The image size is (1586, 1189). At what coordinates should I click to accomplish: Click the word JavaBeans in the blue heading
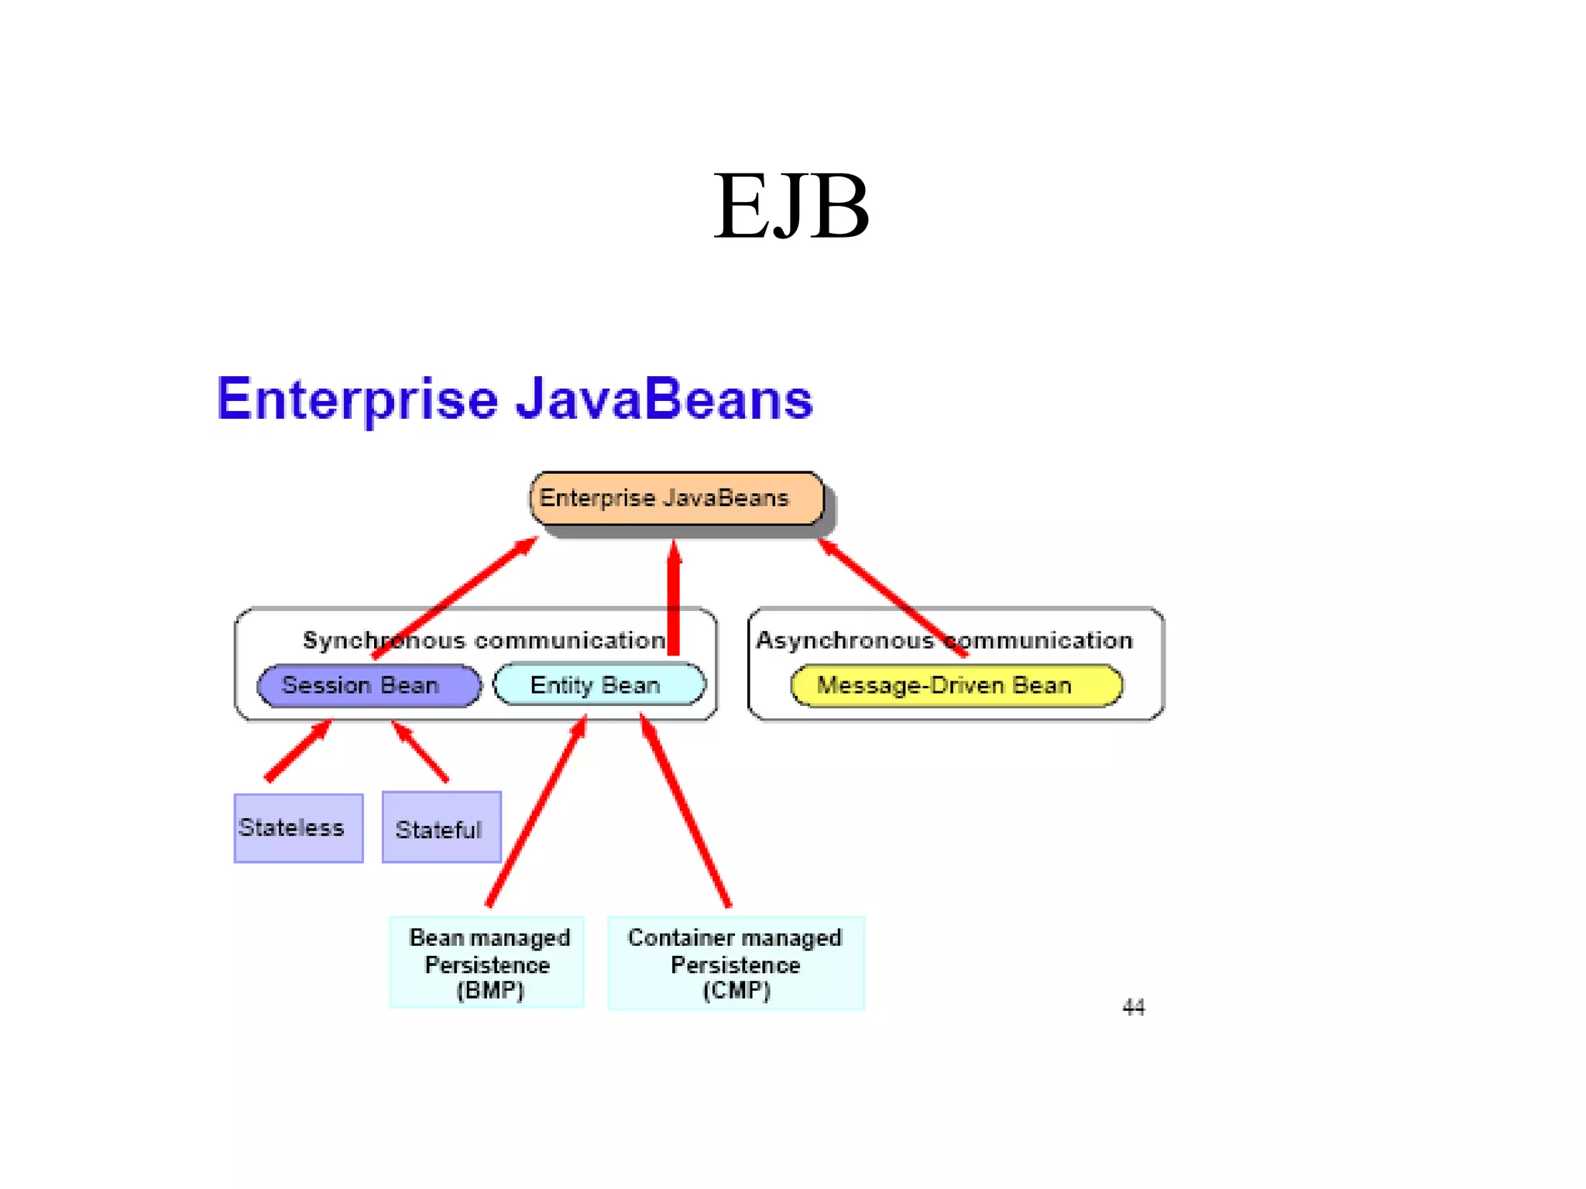coord(664,399)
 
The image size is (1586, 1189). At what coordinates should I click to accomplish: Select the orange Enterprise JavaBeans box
coord(675,499)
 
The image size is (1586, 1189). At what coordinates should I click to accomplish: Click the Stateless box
coord(298,828)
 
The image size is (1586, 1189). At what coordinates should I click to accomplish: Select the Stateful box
coord(441,828)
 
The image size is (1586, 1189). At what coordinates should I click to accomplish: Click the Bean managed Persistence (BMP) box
coord(487,963)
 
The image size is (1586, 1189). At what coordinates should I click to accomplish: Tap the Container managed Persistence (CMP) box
coord(735,963)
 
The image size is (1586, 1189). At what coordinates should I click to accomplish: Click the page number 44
coord(1133,1007)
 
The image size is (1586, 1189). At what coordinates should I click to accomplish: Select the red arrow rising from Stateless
coord(298,751)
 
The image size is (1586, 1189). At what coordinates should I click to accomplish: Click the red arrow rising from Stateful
coord(421,752)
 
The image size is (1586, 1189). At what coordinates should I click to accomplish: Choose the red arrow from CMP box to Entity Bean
coord(685,811)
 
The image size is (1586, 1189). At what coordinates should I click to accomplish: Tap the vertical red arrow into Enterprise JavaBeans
coord(674,600)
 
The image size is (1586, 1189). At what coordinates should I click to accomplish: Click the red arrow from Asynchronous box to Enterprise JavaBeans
coord(891,596)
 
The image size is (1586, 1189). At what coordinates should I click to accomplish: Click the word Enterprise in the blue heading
coord(357,399)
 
